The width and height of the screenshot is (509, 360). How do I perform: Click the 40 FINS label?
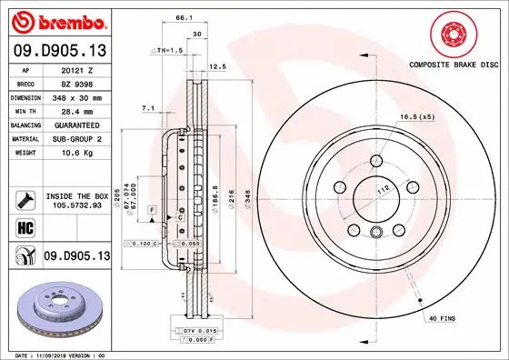pyautogui.click(x=442, y=317)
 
